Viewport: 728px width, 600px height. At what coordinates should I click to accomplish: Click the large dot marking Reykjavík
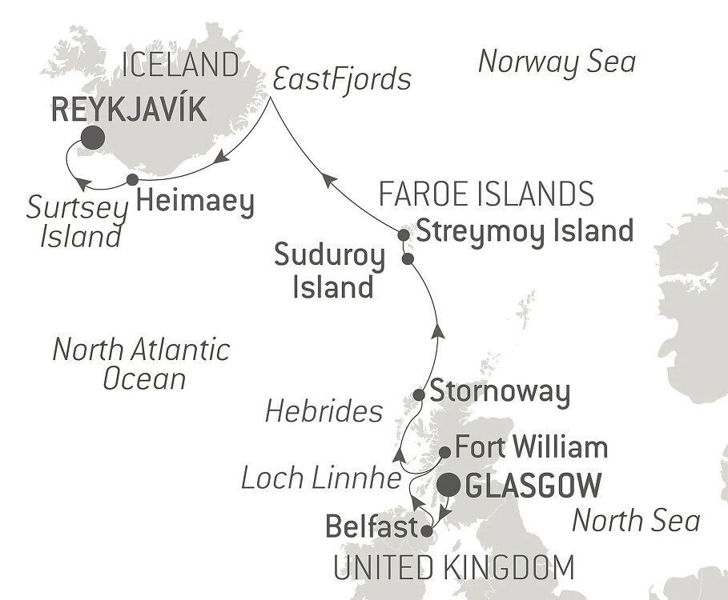(91, 138)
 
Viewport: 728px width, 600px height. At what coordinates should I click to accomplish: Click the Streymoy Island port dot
(404, 234)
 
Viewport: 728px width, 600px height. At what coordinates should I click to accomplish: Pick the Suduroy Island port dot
(408, 259)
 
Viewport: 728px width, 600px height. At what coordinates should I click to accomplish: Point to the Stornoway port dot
(418, 395)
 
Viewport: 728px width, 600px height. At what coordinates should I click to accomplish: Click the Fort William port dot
(445, 453)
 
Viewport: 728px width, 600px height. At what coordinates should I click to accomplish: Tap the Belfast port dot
(428, 530)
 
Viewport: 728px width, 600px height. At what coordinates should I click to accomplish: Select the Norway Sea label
(556, 62)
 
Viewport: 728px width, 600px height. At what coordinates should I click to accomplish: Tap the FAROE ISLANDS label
(486, 194)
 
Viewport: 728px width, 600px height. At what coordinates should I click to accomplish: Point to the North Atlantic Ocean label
(140, 362)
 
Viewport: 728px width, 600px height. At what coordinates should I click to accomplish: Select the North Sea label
(636, 522)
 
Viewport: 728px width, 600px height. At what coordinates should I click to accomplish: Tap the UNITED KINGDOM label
(453, 568)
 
